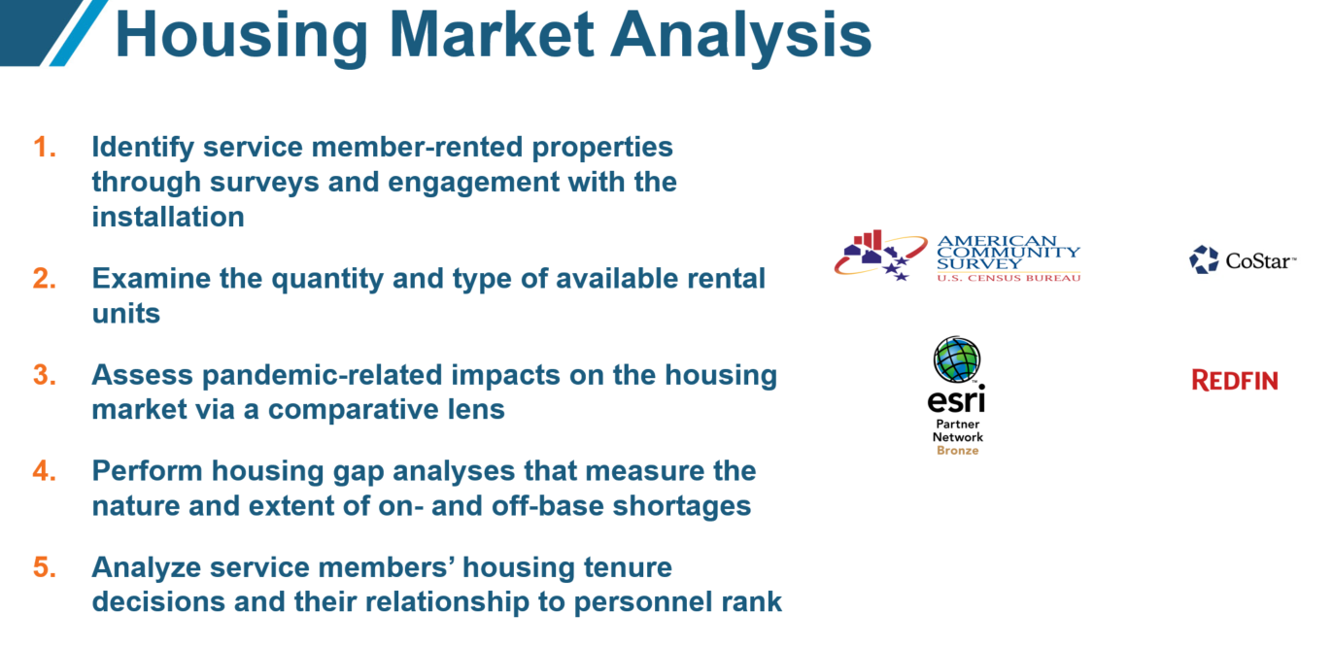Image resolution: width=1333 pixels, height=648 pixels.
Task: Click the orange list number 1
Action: (x=45, y=148)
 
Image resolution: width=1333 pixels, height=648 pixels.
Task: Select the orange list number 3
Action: (x=45, y=375)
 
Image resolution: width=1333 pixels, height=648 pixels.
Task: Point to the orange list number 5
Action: (x=45, y=567)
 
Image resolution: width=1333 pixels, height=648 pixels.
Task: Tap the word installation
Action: (x=168, y=217)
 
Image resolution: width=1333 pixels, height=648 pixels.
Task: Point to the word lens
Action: (x=477, y=409)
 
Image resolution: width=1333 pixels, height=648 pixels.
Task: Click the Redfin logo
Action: (x=1235, y=380)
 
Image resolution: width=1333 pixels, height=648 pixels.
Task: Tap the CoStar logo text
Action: (x=1260, y=260)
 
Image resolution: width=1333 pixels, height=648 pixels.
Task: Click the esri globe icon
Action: (x=957, y=359)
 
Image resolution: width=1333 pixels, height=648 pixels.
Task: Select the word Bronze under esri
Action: (x=957, y=451)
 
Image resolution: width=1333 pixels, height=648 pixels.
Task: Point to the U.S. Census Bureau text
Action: (x=1008, y=278)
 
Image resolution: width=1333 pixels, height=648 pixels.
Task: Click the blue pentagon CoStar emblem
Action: (x=1204, y=259)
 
